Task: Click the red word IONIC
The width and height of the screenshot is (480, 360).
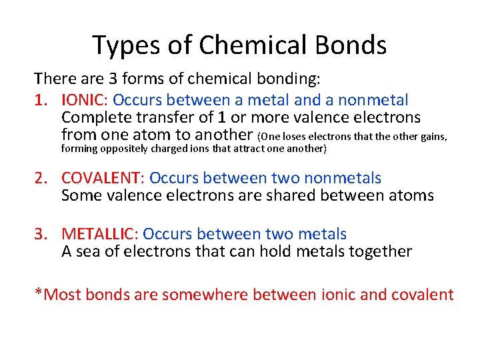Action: pyautogui.click(x=83, y=101)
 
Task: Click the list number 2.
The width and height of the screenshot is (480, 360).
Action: pyautogui.click(x=41, y=179)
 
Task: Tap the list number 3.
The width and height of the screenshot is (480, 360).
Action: pyautogui.click(x=41, y=235)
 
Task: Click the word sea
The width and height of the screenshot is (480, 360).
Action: pyautogui.click(x=87, y=252)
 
